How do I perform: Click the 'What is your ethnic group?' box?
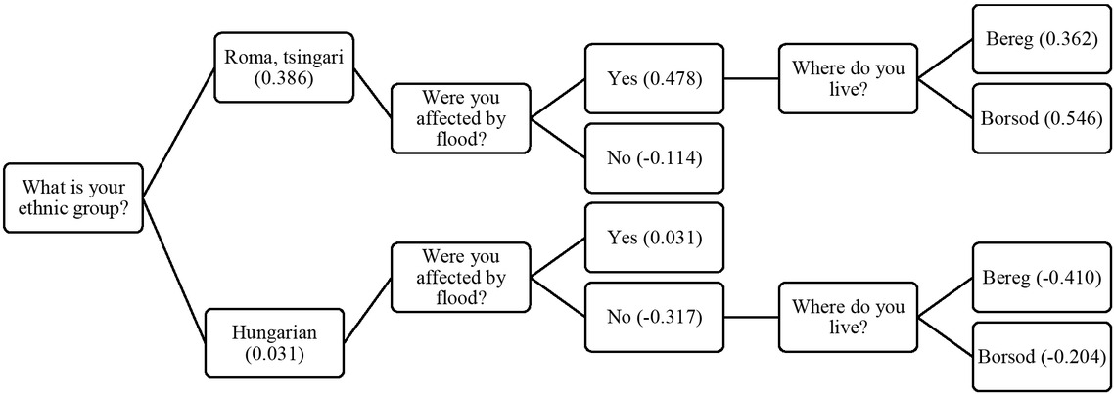pyautogui.click(x=74, y=198)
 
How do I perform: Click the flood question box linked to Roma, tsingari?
pyautogui.click(x=460, y=117)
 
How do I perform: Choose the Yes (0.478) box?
pyautogui.click(x=652, y=79)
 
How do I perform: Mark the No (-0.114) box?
pyautogui.click(x=652, y=157)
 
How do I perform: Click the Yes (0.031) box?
pyautogui.click(x=652, y=238)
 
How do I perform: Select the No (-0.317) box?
pyautogui.click(x=652, y=316)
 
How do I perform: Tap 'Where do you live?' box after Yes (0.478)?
pyautogui.click(x=849, y=79)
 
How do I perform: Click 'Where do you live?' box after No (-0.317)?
pyautogui.click(x=849, y=316)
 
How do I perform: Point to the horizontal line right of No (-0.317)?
pyautogui.click(x=750, y=316)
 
